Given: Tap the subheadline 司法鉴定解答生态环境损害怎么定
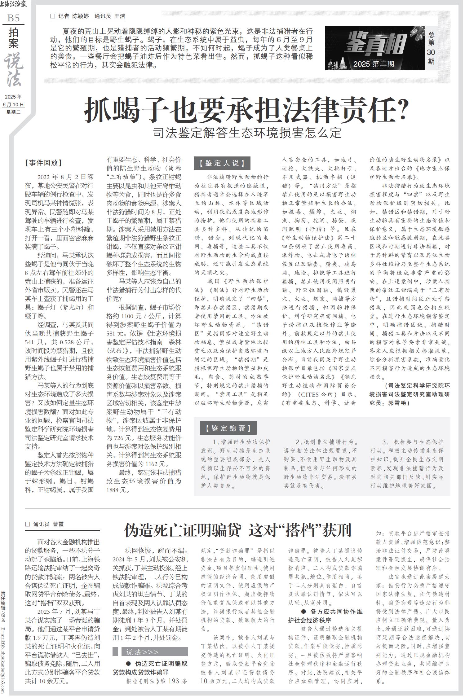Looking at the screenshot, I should tap(247, 133).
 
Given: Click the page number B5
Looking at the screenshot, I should tap(13, 18).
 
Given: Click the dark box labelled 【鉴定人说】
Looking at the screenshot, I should tap(222, 163).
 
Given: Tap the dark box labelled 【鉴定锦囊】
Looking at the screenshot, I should tap(225, 428).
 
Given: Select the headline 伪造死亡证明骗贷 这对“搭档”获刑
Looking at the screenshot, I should tap(238, 530).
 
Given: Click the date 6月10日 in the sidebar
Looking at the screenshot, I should tap(13, 104).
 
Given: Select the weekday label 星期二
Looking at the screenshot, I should tap(13, 112).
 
